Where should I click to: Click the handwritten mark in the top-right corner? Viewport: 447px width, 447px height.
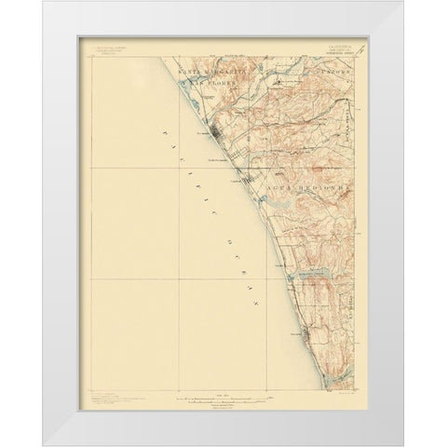[x=359, y=55]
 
